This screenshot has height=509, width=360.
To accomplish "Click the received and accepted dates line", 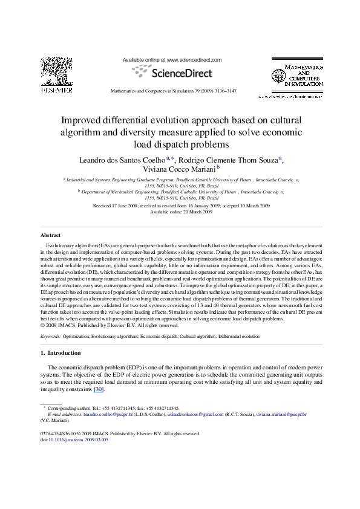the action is tap(180, 206).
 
